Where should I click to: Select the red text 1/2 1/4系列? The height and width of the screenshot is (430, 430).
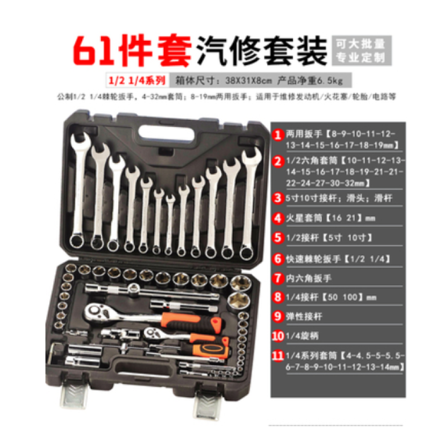coord(138,80)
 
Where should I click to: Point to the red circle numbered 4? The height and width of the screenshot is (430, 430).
coord(278,218)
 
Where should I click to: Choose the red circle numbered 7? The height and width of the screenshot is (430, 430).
coord(278,278)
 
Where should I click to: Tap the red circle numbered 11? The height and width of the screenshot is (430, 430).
coord(278,357)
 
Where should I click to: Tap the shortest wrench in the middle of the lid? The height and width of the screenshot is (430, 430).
coord(170,223)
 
